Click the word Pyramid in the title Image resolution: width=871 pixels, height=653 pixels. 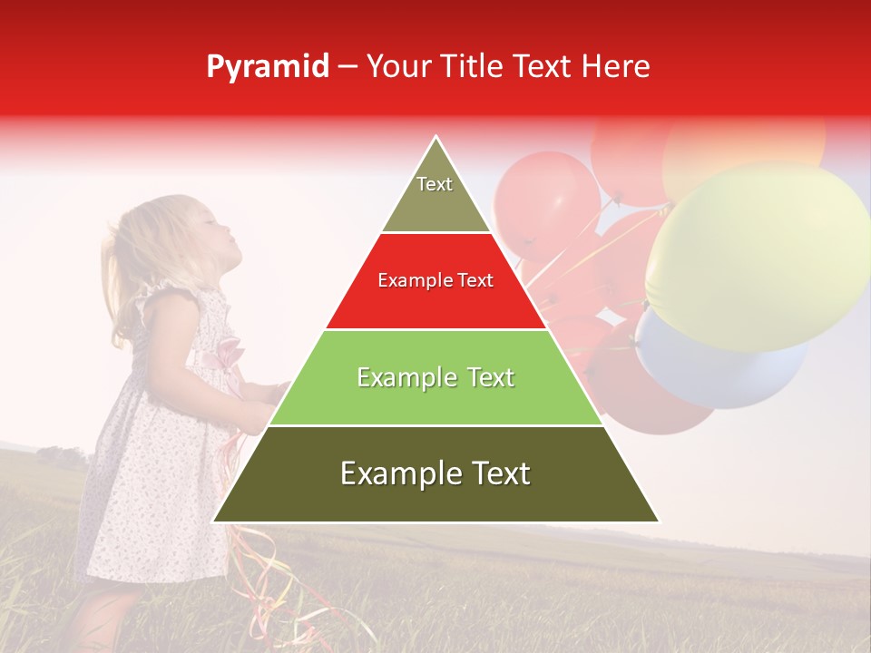[x=268, y=67]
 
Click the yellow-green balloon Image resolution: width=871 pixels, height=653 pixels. [x=758, y=254]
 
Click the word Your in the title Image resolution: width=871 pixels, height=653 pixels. [x=399, y=67]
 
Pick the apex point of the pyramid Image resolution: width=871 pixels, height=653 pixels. [x=436, y=137]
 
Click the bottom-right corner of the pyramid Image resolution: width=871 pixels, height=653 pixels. [x=659, y=521]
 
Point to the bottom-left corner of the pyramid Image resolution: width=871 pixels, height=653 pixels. [x=213, y=521]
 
